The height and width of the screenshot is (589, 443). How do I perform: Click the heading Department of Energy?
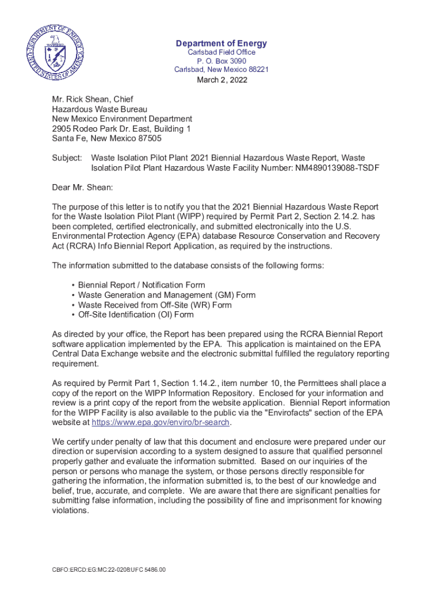[222, 44]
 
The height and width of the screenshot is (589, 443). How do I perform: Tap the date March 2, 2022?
[222, 80]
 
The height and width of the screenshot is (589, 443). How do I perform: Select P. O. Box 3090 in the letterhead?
[222, 61]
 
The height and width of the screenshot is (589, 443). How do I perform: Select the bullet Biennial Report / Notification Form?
[142, 285]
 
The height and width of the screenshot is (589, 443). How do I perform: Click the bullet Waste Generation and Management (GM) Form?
[167, 295]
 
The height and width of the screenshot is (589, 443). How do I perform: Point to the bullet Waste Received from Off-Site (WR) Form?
[155, 305]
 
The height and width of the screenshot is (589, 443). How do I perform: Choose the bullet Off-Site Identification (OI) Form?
[136, 315]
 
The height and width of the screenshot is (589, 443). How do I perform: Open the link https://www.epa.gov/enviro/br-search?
[161, 423]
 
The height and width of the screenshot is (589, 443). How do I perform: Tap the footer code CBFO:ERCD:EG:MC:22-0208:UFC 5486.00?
[109, 569]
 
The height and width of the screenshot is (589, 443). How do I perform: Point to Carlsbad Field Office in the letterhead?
[222, 52]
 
